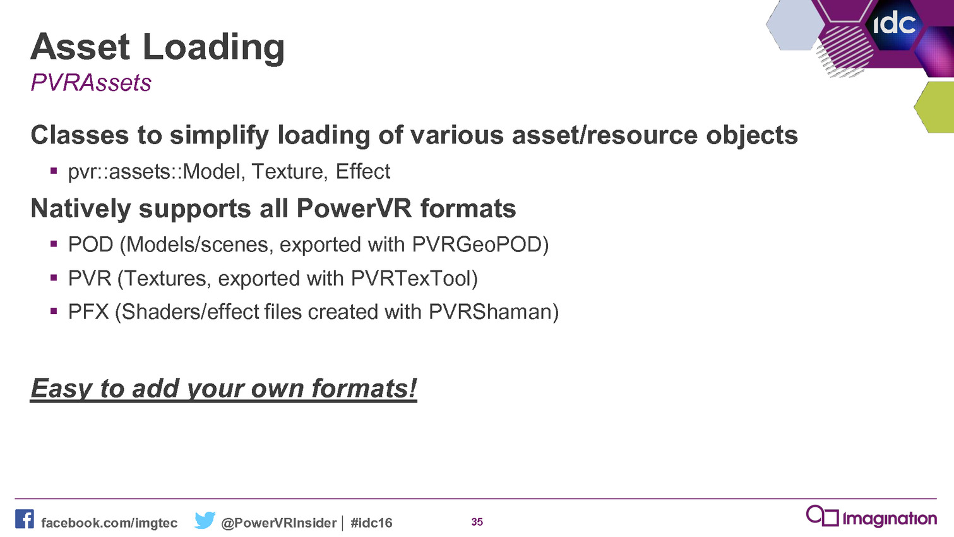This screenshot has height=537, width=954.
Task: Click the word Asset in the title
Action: click(80, 47)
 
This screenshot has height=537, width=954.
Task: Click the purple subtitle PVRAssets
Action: click(91, 82)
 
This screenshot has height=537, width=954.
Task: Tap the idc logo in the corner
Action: click(894, 24)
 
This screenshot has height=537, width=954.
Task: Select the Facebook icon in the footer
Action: click(25, 519)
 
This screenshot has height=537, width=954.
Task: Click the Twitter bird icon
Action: click(205, 520)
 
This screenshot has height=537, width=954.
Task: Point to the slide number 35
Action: click(477, 522)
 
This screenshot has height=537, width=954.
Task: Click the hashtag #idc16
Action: click(371, 522)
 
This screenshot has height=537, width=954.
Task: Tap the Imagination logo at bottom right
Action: click(871, 517)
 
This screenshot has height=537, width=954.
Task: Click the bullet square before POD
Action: click(54, 244)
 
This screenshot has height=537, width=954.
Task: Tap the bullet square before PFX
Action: click(54, 311)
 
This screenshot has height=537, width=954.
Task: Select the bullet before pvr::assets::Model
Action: click(54, 171)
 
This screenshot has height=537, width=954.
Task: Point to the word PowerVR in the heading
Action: click(354, 208)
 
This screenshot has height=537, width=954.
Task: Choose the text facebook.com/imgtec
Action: click(109, 522)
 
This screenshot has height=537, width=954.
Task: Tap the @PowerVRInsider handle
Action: click(279, 522)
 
